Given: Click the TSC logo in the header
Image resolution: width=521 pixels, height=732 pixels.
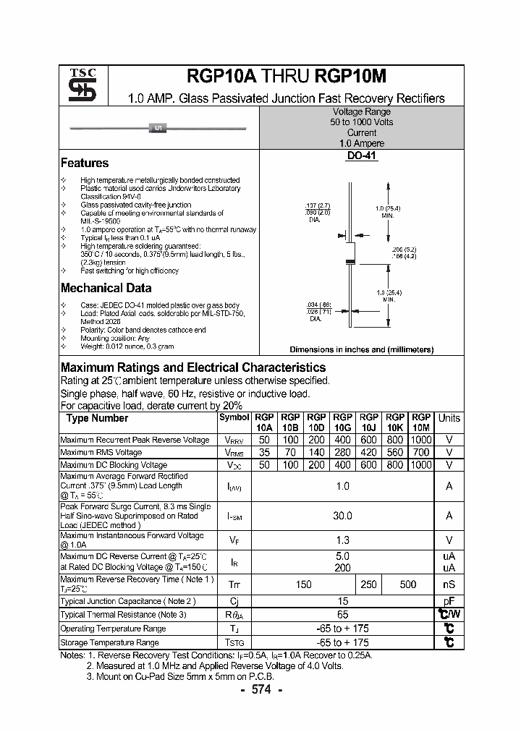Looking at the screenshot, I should [x=77, y=85].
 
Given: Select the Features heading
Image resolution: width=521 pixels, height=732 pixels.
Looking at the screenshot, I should [x=85, y=163].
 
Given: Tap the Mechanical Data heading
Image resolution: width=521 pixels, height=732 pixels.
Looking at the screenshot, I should [x=106, y=288].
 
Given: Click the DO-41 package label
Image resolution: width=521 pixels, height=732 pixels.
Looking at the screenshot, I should [x=361, y=156].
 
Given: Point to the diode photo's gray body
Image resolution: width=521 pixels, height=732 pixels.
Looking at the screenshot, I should [x=158, y=129].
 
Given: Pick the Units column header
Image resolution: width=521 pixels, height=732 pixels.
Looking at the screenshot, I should [x=449, y=418].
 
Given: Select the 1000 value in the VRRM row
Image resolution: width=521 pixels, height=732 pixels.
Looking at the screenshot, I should [x=420, y=440].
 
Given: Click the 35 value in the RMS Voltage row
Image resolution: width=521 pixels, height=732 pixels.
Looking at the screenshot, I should [x=264, y=452].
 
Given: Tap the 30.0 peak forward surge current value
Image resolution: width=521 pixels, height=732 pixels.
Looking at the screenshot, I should [x=342, y=516].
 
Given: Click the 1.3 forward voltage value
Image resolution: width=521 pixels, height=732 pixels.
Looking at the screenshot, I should [x=342, y=540].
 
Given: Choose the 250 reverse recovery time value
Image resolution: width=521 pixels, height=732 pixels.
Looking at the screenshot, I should [x=368, y=584].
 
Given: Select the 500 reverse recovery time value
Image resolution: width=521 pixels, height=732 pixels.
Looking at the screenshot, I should [x=407, y=584].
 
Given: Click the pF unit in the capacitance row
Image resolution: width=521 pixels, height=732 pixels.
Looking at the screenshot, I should [x=449, y=601].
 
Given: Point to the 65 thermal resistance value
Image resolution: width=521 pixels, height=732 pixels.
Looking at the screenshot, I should [x=342, y=614].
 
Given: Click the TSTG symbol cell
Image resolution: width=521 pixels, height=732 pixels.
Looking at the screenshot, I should [x=234, y=642].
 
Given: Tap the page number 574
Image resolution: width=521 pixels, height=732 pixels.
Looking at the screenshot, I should [x=260, y=690].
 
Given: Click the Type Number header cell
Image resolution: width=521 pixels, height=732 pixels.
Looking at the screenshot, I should [x=97, y=419].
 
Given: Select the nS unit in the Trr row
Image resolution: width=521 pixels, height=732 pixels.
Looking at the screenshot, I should [x=449, y=584].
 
